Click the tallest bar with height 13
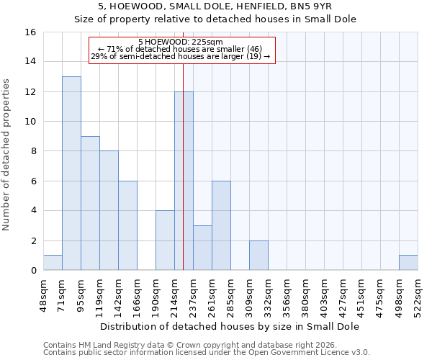[71, 174]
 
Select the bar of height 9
[90, 203]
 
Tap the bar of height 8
[109, 210]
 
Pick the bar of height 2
[258, 256]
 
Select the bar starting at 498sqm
[408, 263]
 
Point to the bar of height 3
[202, 248]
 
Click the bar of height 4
[165, 240]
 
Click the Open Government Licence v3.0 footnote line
[207, 352]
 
